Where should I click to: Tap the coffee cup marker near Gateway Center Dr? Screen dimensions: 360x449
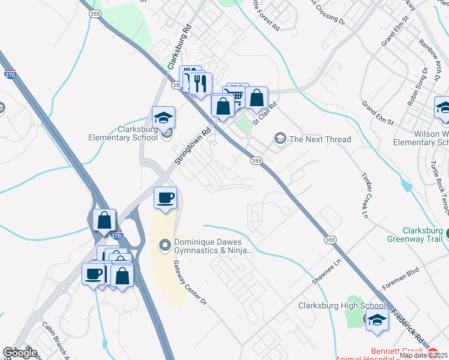point(165,198)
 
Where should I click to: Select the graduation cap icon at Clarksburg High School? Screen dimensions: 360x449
point(377,320)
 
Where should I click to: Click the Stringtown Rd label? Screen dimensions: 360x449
point(193,145)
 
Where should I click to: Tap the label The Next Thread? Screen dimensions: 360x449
point(320,139)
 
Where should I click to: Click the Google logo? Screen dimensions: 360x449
point(20,353)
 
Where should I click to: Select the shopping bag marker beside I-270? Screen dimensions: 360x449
point(104,220)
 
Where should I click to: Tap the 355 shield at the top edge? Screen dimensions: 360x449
point(95,13)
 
